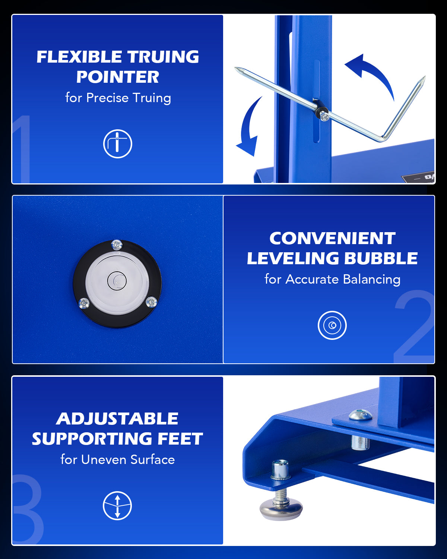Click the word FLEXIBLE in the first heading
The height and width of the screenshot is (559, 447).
click(x=79, y=57)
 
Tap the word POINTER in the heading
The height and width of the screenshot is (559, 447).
click(x=118, y=77)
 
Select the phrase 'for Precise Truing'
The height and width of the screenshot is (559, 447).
click(x=118, y=98)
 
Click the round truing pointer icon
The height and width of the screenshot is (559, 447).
click(x=118, y=144)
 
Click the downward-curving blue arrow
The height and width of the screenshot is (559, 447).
click(x=249, y=127)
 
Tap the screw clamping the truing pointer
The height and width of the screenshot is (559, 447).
click(x=324, y=117)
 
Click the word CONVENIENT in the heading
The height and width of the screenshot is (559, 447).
click(x=332, y=239)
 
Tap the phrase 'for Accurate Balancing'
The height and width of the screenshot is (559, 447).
click(x=332, y=279)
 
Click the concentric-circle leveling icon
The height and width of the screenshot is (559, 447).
click(x=332, y=325)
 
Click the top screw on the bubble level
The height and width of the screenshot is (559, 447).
click(x=117, y=245)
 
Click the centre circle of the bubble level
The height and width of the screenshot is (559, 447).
click(x=117, y=280)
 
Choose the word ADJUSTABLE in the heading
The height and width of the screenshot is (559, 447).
click(x=117, y=419)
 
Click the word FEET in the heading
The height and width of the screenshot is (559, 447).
click(x=180, y=439)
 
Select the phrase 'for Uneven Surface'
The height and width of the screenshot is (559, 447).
click(x=117, y=459)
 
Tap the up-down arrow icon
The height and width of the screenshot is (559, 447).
click(x=117, y=506)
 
